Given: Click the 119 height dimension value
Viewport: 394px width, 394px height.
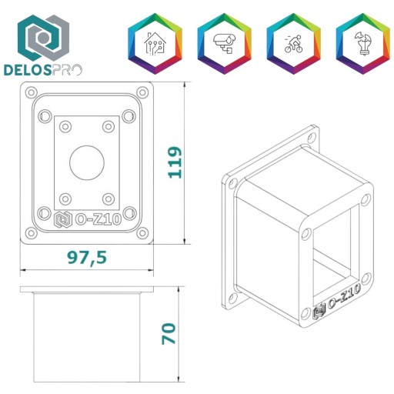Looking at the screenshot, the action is (x=175, y=162).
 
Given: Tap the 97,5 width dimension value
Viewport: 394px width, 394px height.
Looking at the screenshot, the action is (x=87, y=257).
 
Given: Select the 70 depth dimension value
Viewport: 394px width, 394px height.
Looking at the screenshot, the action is (x=169, y=334).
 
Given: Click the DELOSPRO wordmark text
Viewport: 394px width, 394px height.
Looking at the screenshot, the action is (x=43, y=70).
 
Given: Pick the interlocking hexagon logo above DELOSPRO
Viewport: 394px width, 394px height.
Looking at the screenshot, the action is (x=43, y=38).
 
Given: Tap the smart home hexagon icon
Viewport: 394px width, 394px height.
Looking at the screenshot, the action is (x=155, y=44).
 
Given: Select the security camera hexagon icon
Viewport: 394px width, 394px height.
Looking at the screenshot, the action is (x=225, y=44).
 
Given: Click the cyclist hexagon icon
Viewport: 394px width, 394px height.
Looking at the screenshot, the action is (x=294, y=44).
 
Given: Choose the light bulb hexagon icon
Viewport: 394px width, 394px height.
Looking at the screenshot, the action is (x=363, y=44).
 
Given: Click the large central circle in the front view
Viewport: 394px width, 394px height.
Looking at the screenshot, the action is (x=87, y=162).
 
